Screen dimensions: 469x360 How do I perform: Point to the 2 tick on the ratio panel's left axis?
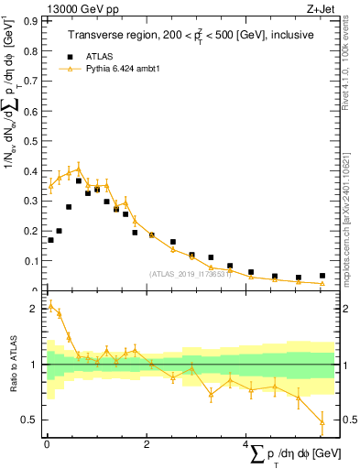[36, 309]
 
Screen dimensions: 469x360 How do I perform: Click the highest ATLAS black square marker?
[79, 180]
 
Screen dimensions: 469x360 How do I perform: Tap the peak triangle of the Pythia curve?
[79, 168]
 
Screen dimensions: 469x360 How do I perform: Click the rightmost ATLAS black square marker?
[322, 275]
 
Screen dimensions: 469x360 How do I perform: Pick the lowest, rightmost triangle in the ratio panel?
[322, 421]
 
